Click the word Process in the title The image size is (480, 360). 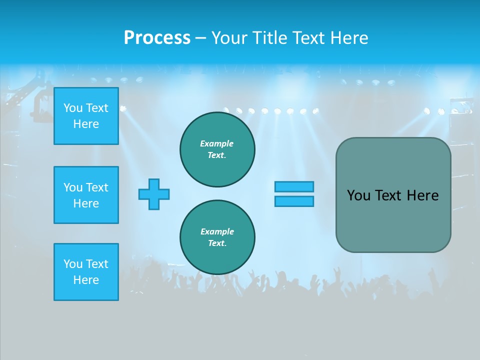coord(157,38)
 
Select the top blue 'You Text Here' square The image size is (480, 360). coord(86,116)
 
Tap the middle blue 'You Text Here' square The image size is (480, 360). coord(86,195)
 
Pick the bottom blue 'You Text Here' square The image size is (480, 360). coord(86,272)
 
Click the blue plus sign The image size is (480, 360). coord(154,194)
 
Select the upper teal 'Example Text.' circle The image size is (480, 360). coord(217,149)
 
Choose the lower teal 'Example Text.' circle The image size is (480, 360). coord(217,237)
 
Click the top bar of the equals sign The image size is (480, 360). coord(294,186)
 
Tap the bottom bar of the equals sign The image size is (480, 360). coord(294,201)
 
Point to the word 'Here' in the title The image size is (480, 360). coord(349,38)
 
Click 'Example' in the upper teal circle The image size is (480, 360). coord(217,143)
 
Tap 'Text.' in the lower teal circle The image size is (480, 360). coord(217,243)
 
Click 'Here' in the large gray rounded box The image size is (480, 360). coord(422,195)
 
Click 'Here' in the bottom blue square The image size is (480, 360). coord(86,280)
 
